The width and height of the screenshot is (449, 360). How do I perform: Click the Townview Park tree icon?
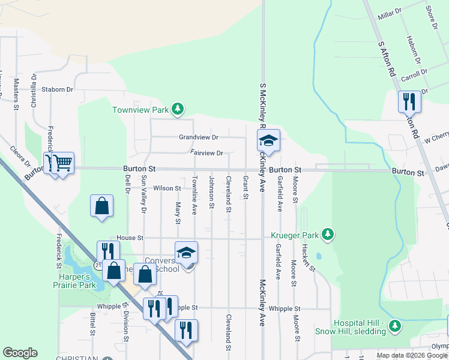pyautogui.click(x=177, y=109)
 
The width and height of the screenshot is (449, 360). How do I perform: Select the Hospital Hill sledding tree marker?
pyautogui.click(x=394, y=326)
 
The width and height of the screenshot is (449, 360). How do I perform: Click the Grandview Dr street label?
pyautogui.click(x=199, y=137)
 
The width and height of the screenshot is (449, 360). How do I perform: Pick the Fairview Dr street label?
pyautogui.click(x=206, y=153)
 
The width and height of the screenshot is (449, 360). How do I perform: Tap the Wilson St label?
pyautogui.click(x=167, y=188)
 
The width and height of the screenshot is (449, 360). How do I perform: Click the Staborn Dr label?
pyautogui.click(x=57, y=89)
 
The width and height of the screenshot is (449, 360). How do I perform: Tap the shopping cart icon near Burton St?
pyautogui.click(x=62, y=162)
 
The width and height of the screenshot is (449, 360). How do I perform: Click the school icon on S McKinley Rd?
pyautogui.click(x=268, y=140)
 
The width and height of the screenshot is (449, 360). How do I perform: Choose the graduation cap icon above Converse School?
pyautogui.click(x=186, y=252)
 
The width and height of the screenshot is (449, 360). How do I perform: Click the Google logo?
pyautogui.click(x=20, y=353)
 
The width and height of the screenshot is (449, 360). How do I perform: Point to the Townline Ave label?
pyautogui.click(x=194, y=196)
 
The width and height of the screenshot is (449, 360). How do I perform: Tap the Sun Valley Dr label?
pyautogui.click(x=143, y=194)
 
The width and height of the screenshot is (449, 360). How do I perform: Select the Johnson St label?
pyautogui.click(x=211, y=193)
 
